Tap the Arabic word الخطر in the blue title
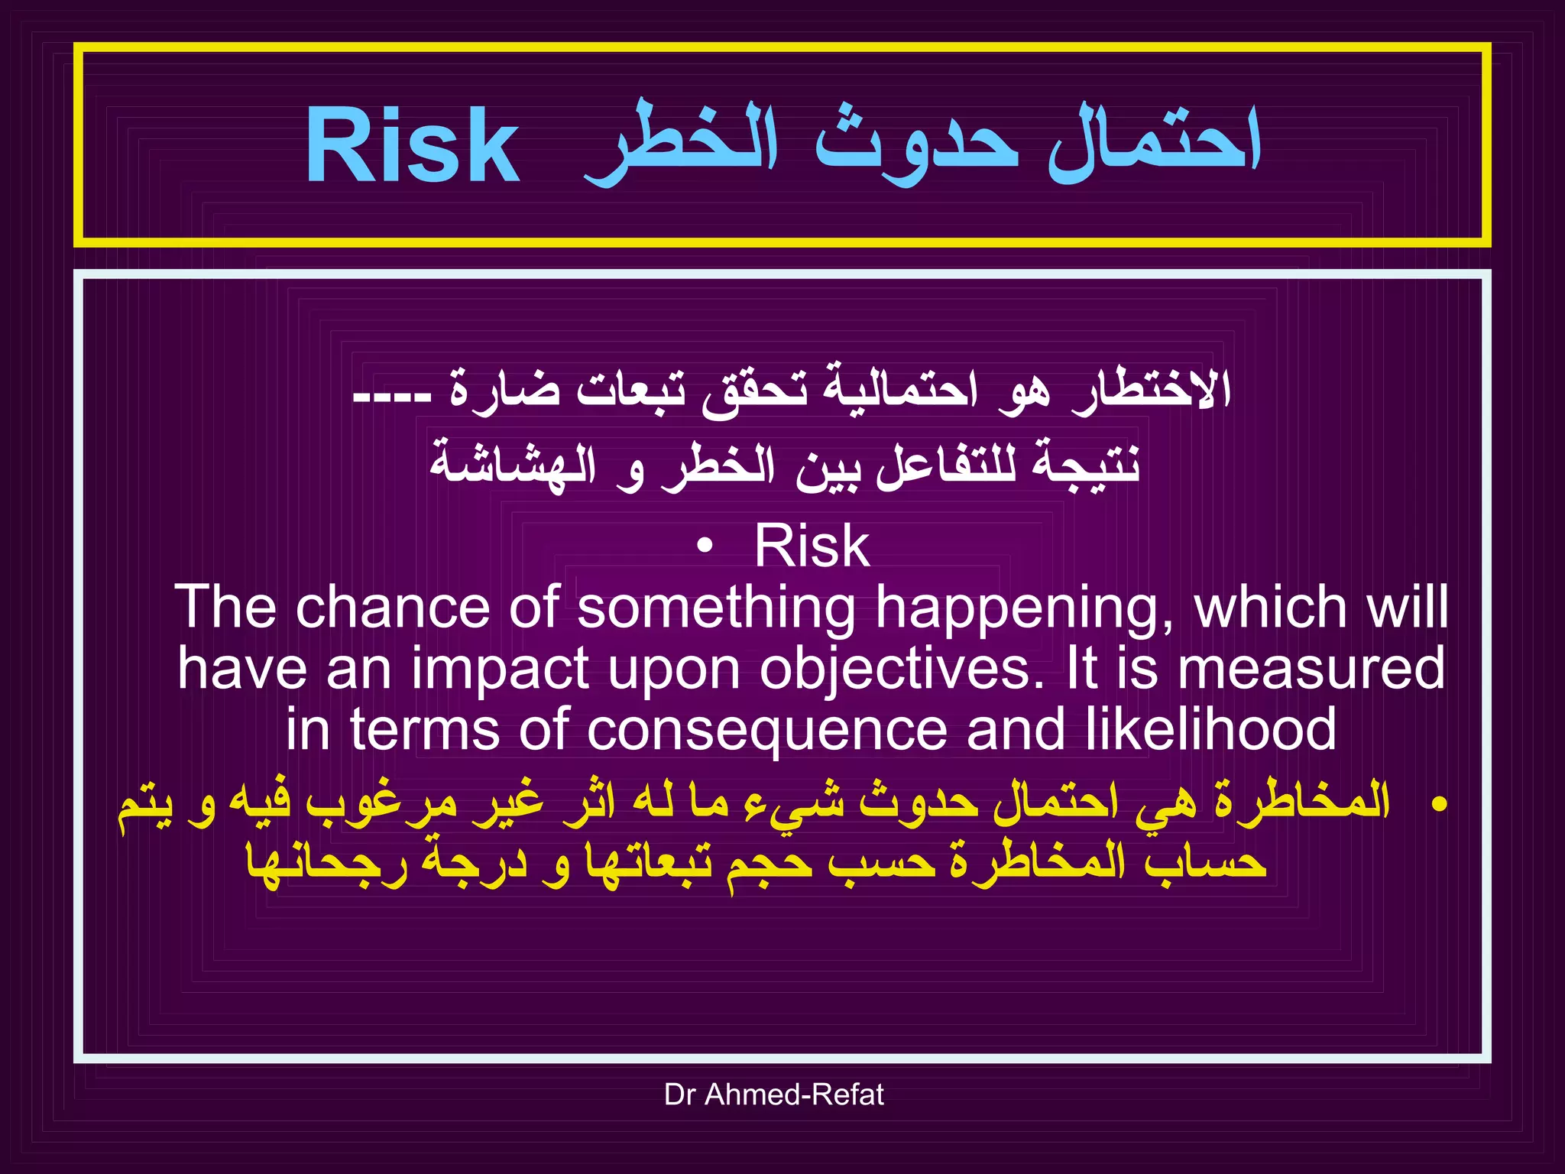click(x=680, y=145)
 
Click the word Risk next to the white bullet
click(x=812, y=546)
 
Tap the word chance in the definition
click(x=393, y=608)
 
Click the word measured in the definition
click(x=1311, y=669)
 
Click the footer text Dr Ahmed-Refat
click(x=773, y=1095)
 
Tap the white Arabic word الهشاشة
click(x=512, y=465)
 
